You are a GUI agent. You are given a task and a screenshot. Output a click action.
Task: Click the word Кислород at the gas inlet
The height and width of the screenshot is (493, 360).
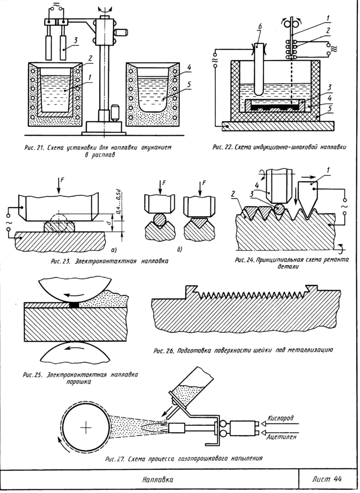280,417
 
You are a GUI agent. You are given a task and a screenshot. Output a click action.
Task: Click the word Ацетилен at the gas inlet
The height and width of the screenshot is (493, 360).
280,437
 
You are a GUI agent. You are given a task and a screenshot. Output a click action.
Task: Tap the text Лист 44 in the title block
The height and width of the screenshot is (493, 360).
326,479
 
